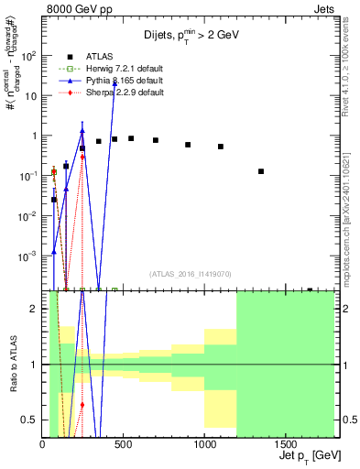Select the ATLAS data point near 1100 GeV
tap(221, 147)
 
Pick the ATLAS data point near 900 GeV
tap(188, 145)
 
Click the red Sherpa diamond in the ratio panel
tap(82, 404)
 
